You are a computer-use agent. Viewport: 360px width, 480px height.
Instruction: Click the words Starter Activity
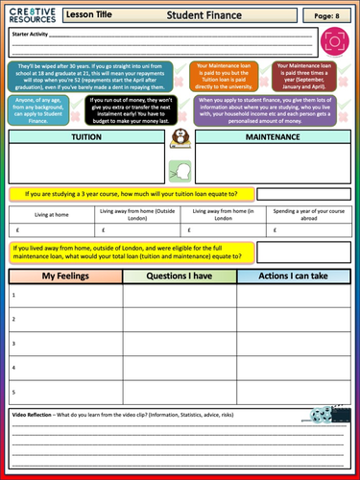31,35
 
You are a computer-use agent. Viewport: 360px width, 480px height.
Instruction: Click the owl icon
179,141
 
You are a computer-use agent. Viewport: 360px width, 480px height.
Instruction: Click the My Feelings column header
64,276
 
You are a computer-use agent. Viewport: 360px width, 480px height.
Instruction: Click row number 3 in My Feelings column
13,343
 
